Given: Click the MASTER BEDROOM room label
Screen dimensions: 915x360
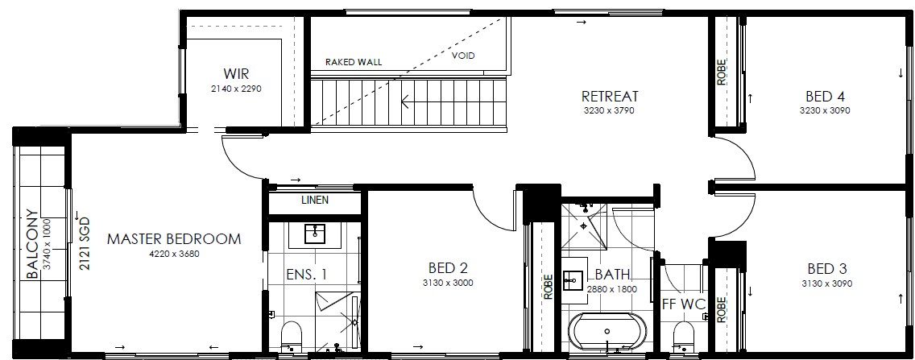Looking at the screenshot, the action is point(174,238).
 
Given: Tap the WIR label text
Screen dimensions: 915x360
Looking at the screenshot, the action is point(236,74).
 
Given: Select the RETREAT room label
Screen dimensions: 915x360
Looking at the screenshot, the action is point(610,96).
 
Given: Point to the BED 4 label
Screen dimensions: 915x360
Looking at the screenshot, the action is point(825,96).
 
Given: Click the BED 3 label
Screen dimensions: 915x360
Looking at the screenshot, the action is point(827,269).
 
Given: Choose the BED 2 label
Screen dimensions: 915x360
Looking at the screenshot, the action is point(448,268).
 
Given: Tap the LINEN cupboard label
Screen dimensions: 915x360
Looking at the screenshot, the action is point(314,200).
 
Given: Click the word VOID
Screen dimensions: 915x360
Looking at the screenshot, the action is point(463,56).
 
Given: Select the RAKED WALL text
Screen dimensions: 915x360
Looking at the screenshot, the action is point(354,62).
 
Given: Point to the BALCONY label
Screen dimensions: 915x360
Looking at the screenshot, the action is point(33,244).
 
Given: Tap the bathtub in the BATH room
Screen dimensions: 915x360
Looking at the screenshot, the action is point(607,332).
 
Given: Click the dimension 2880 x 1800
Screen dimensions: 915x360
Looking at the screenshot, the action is point(611,288).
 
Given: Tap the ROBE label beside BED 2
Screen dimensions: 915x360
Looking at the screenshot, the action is point(548,287).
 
